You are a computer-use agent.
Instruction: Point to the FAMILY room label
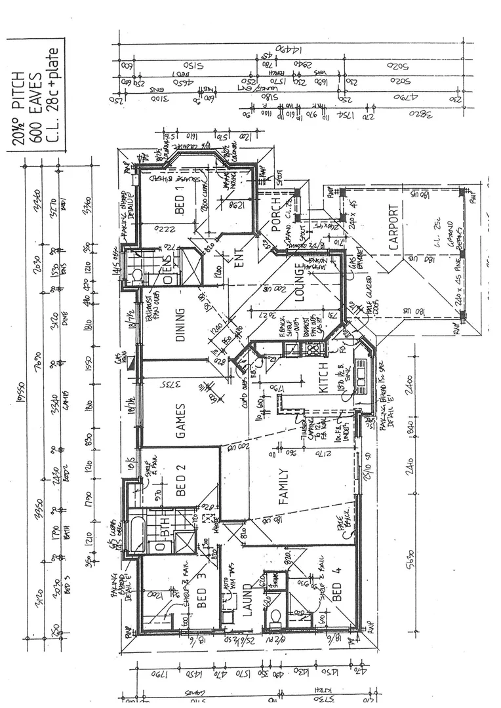(x=283, y=486)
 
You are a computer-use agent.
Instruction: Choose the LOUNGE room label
(x=300, y=283)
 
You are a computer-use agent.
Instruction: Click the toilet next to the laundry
(x=276, y=618)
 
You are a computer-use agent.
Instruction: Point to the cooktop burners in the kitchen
(x=309, y=348)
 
